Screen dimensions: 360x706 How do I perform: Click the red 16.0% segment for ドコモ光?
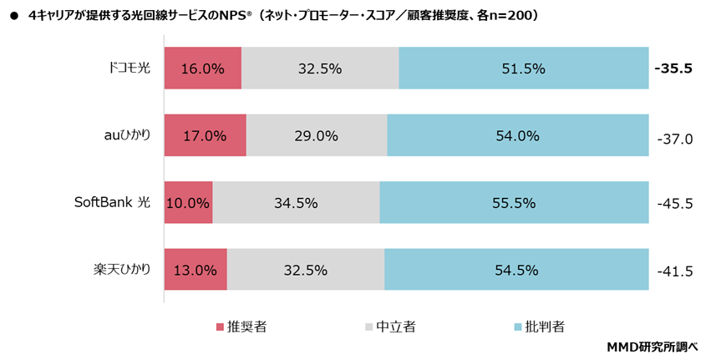click(x=202, y=68)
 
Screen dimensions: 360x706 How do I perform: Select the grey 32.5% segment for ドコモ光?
click(x=320, y=68)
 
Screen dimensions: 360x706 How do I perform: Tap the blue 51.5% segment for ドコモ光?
click(x=524, y=68)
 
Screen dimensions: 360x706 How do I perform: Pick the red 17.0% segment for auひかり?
click(x=205, y=135)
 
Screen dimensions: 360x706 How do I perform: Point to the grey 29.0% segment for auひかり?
click(x=317, y=135)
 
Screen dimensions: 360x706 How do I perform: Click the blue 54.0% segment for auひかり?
click(x=518, y=135)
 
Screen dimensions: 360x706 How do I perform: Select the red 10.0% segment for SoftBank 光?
click(x=188, y=202)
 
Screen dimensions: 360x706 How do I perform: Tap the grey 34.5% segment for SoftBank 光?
click(x=296, y=202)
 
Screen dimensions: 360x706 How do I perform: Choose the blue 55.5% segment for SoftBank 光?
click(x=515, y=202)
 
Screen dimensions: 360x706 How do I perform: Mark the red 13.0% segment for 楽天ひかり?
click(x=196, y=269)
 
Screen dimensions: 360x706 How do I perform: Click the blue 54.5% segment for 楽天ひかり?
click(x=516, y=269)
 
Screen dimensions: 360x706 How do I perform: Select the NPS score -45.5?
click(x=674, y=202)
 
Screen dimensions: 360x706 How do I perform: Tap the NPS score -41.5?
click(x=674, y=271)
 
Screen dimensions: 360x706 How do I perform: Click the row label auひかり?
click(x=123, y=134)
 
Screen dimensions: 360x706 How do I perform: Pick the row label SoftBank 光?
click(x=112, y=201)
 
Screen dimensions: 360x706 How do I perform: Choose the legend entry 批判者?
click(x=546, y=327)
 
